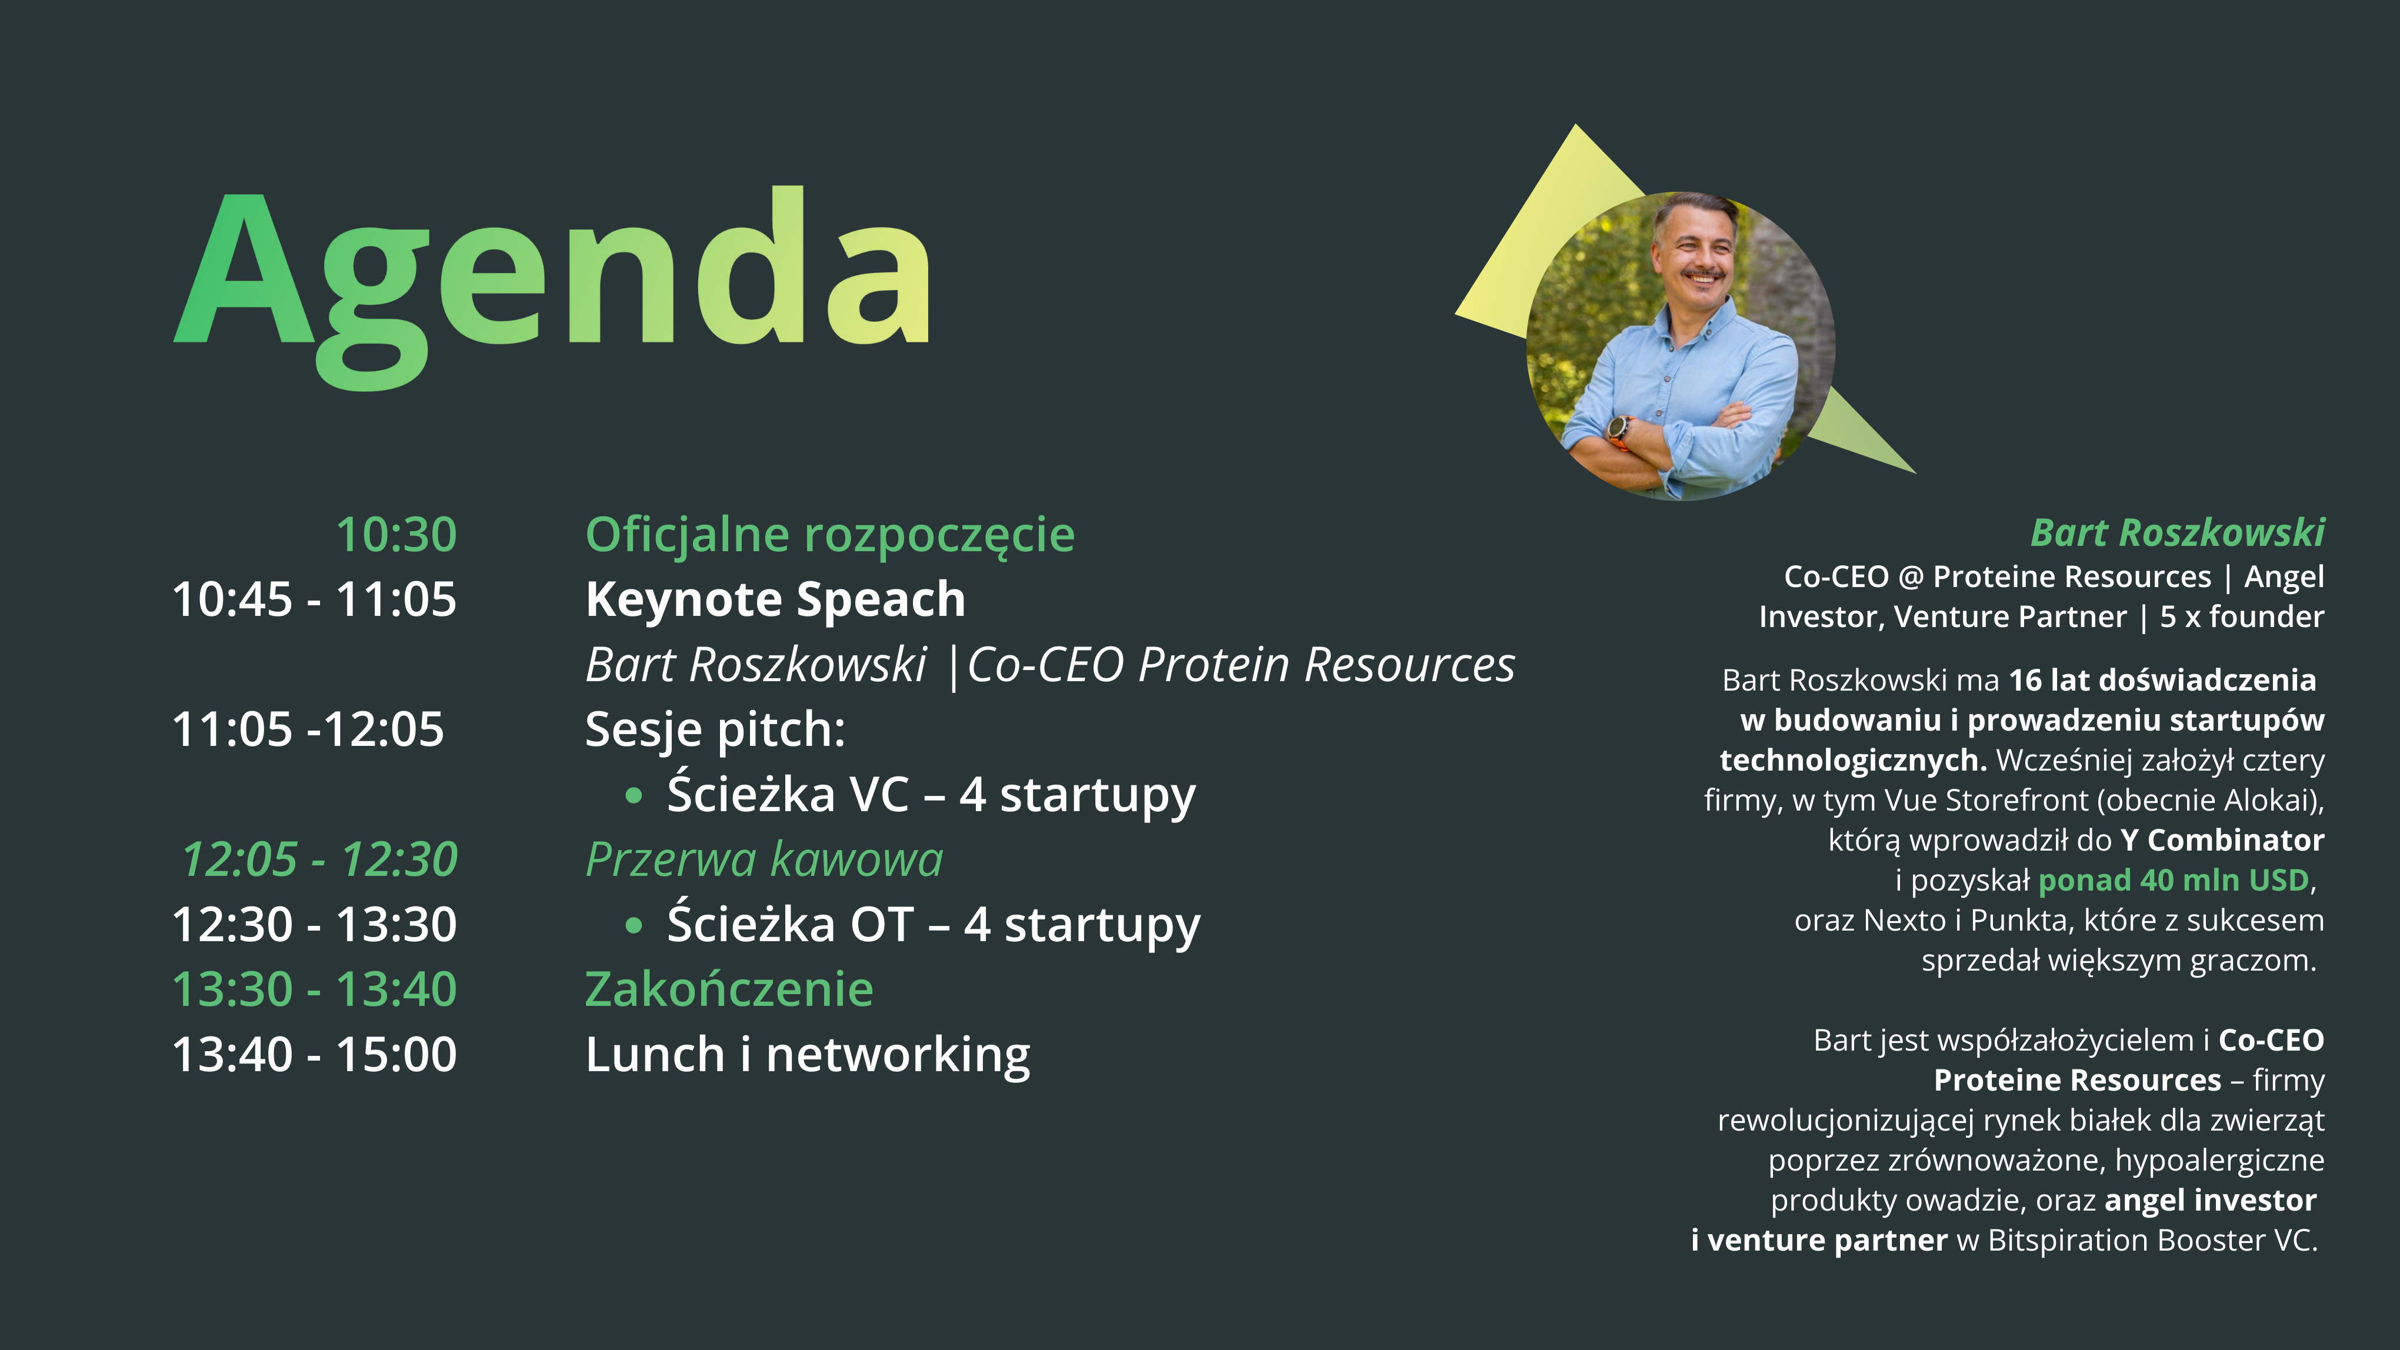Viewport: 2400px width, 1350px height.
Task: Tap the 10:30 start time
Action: click(x=396, y=535)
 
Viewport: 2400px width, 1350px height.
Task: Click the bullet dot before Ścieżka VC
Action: click(x=635, y=796)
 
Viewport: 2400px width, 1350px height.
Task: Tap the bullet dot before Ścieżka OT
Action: click(x=635, y=926)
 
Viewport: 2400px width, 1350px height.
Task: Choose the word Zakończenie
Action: click(x=729, y=989)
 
